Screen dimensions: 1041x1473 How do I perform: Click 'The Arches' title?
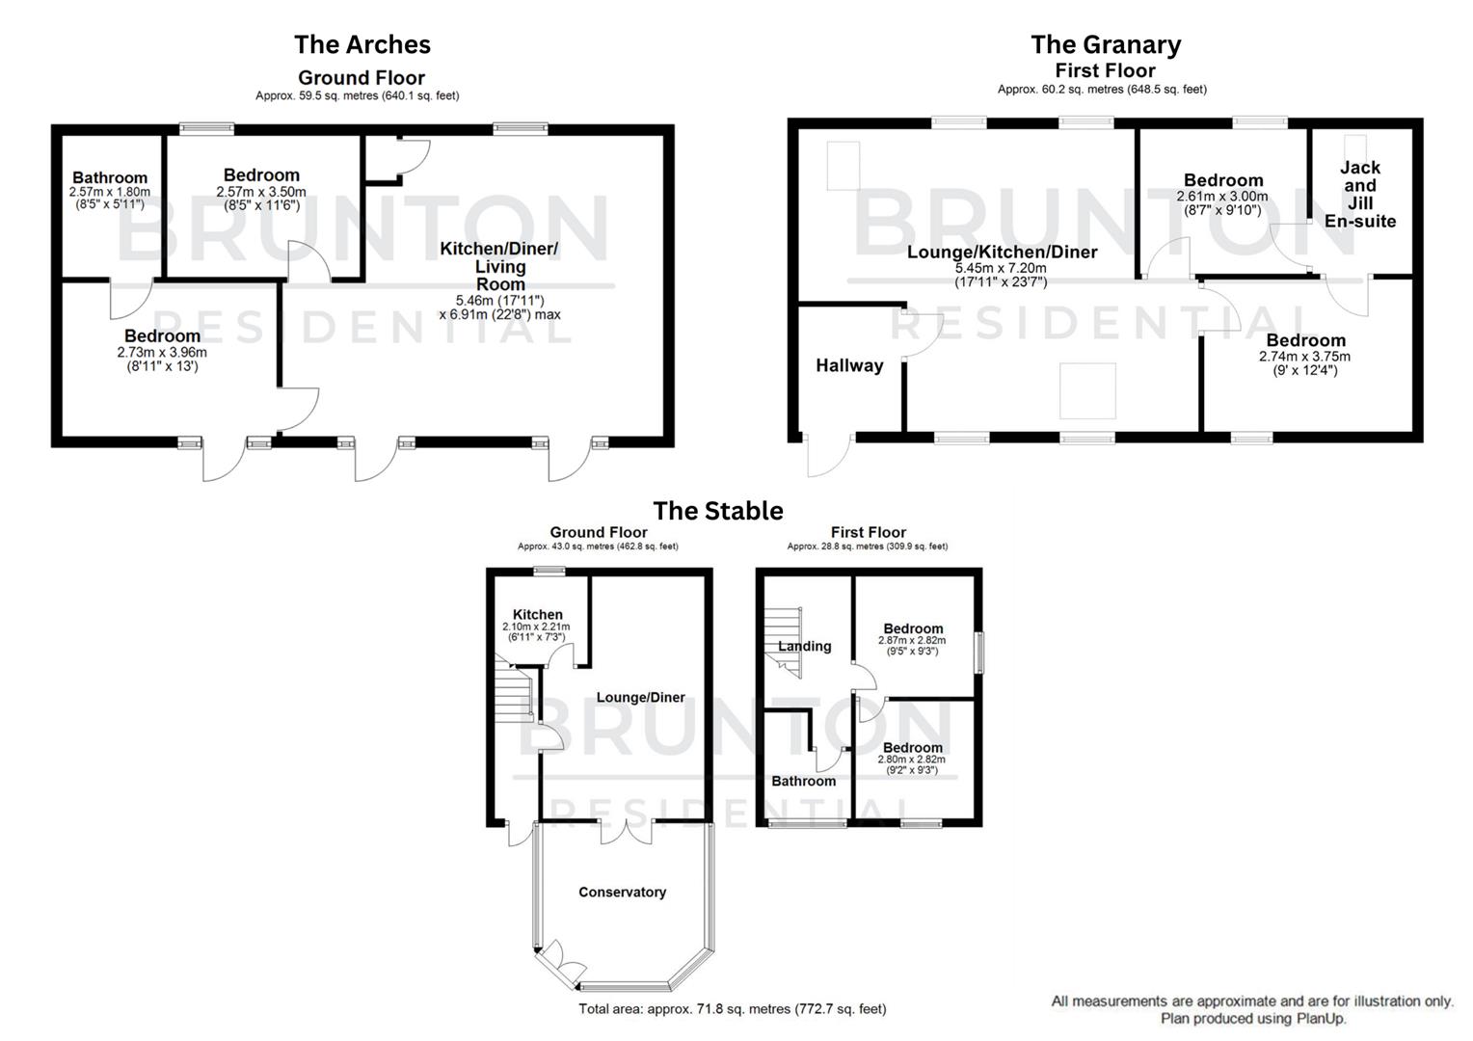362,44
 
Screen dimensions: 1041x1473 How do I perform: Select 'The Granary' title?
1105,44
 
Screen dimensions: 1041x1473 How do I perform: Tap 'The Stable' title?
718,511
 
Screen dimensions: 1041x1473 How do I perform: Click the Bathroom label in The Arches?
110,177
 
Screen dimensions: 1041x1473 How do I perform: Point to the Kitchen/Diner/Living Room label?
499,266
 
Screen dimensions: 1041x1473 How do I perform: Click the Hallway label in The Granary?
849,365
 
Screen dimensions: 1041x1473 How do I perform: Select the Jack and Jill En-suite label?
1359,194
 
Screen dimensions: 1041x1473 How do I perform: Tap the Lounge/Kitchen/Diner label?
1002,253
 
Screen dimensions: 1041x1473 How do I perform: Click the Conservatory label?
622,893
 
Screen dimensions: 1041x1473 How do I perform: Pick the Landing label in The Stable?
805,647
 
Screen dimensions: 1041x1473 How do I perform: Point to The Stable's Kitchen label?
537,614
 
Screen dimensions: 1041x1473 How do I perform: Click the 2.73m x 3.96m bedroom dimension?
162,353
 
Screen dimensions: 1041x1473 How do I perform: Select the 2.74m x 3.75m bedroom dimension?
1305,357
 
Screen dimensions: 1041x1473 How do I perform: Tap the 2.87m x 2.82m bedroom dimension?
912,641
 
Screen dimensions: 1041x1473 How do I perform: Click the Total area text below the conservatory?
732,1009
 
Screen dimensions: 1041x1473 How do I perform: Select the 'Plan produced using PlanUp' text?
1252,1019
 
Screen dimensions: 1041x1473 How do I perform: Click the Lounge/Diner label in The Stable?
640,698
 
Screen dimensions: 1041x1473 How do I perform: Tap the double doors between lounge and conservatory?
626,831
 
